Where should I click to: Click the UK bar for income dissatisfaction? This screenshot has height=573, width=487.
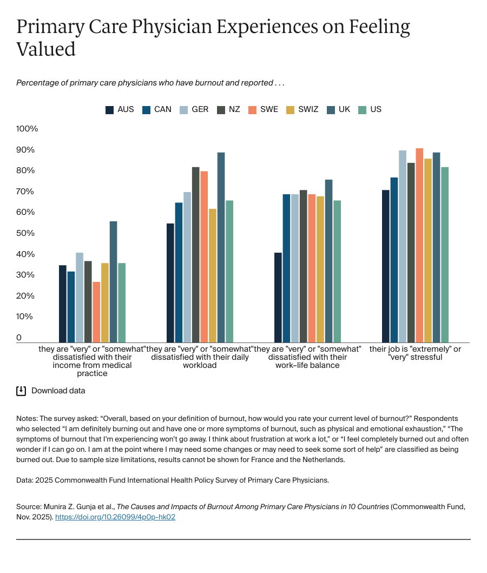pos(113,281)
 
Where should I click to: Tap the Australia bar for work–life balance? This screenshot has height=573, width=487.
pos(278,297)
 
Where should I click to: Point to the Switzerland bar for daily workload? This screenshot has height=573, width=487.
pos(212,275)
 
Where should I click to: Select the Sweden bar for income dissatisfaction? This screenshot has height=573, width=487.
pos(96,312)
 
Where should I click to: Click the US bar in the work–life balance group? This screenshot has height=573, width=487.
pos(337,271)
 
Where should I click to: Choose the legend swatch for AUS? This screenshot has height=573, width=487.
pos(110,110)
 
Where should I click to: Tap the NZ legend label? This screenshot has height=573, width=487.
pos(234,109)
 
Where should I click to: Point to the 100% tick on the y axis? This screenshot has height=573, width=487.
pos(27,129)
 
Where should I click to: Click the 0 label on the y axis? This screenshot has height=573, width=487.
pos(19,338)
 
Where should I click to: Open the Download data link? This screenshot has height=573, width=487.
pos(58,391)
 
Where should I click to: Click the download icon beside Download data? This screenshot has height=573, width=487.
pos(21,391)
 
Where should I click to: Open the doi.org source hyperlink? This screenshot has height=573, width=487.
pos(115,517)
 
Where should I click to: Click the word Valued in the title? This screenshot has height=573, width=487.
pos(46,49)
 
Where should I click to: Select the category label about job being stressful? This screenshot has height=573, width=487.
pos(415,353)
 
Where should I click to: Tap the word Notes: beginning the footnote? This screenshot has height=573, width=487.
pos(28,418)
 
